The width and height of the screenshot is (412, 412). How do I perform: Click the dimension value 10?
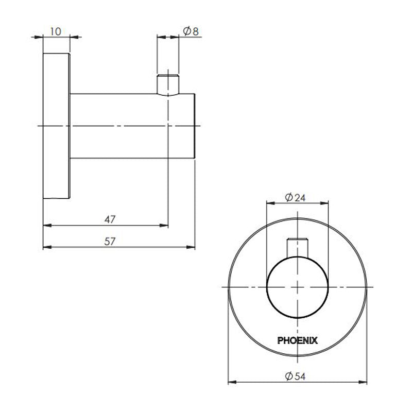coord(56,31)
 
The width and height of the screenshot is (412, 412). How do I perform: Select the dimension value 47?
coord(110,219)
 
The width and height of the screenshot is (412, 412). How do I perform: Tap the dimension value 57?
coord(110,241)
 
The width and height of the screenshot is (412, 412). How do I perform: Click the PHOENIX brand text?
coord(298,340)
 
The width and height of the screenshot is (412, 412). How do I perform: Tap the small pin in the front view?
coord(298,247)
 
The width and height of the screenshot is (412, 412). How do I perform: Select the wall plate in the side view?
coord(56,126)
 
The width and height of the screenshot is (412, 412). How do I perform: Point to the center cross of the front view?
coord(298,286)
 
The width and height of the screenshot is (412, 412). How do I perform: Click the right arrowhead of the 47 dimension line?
coord(165,225)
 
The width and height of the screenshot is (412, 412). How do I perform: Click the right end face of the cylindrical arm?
coord(195,126)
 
